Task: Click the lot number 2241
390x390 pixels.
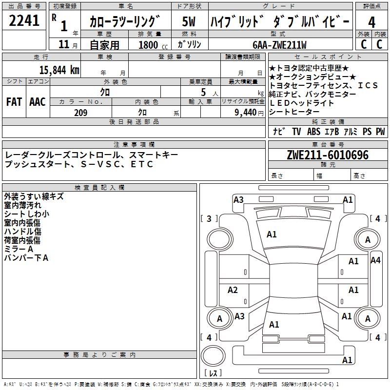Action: pos(25,21)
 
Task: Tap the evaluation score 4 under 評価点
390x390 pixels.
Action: pos(371,22)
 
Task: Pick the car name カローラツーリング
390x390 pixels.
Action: pos(125,22)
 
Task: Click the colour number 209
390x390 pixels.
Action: pos(80,113)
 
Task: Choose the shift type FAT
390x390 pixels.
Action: pos(14,101)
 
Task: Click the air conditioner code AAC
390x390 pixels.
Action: pos(37,101)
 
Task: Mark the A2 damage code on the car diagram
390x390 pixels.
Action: pos(233,290)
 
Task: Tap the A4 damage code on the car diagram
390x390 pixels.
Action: pos(375,260)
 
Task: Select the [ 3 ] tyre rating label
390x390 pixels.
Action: pos(209,219)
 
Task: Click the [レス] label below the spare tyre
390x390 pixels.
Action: pos(213,373)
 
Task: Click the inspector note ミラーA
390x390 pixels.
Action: pos(19,249)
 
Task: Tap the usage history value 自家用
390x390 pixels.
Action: pos(104,45)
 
